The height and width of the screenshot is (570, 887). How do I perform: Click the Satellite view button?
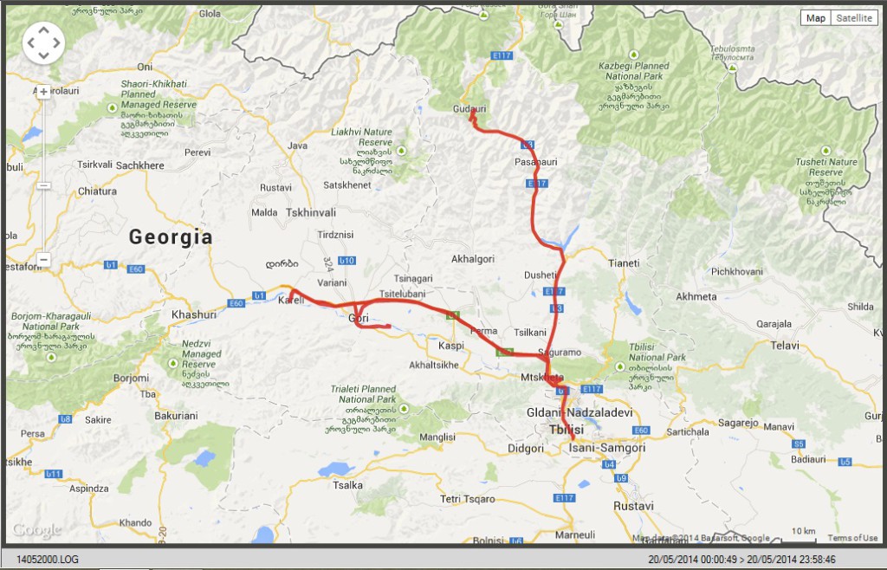[x=855, y=18]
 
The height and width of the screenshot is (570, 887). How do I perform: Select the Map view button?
[x=815, y=18]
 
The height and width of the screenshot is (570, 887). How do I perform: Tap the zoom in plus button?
[x=43, y=92]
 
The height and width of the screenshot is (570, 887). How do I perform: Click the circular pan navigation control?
[x=43, y=42]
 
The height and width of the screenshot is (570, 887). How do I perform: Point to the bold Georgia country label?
[x=170, y=237]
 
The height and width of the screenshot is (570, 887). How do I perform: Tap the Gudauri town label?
[x=469, y=109]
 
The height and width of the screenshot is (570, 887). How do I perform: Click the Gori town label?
[x=358, y=319]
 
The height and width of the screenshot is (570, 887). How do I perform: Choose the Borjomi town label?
[x=132, y=379]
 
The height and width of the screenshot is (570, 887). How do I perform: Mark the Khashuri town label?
[x=194, y=314]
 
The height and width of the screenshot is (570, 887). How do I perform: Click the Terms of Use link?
[x=852, y=538]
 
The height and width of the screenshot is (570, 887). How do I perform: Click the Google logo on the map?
[x=37, y=530]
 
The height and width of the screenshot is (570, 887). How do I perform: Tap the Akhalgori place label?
[x=472, y=259]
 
